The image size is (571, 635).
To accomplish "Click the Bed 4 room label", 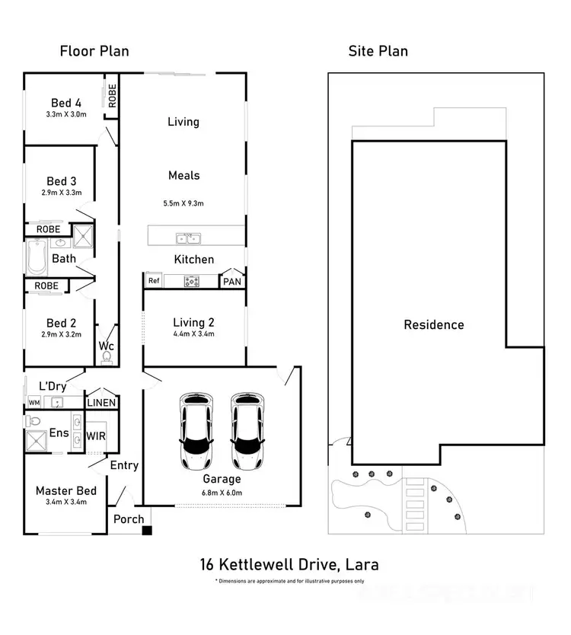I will point(66,103).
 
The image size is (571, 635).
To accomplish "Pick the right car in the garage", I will point(247,432).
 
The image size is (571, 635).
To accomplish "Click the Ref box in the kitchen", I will point(152,281).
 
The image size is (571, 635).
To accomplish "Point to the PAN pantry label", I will point(231,282).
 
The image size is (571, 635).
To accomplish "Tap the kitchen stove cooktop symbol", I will point(191,282).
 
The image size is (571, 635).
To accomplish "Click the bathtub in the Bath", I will point(35,257).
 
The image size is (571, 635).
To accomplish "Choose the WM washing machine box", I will point(34,402).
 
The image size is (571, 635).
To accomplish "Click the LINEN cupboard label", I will point(101,403).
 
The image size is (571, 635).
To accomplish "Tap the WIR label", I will point(96,436).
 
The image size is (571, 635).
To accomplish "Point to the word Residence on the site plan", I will point(433,325).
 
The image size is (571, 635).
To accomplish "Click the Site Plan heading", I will point(378,51).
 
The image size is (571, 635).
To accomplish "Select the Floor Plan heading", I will point(94,51).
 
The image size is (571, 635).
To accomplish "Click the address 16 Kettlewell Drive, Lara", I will point(289,565).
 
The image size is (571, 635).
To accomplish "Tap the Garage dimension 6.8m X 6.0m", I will point(222,492).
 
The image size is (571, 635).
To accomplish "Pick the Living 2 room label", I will point(194,323).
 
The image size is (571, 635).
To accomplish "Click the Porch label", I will point(129,519).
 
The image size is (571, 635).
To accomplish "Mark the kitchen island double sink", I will point(188,238).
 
